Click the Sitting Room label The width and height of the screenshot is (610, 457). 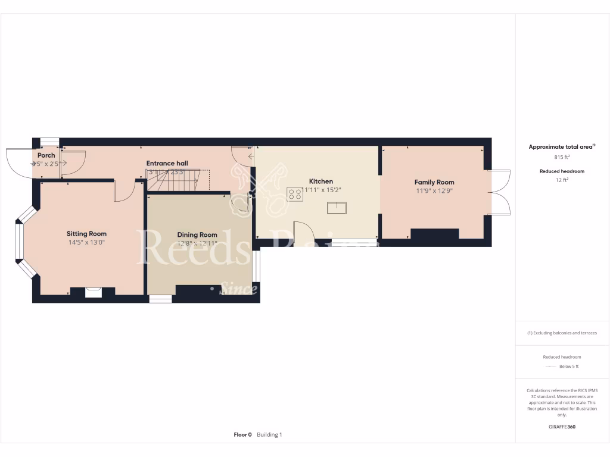(x=86, y=234)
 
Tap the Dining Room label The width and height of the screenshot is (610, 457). (x=197, y=235)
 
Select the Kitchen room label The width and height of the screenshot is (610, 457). (x=320, y=181)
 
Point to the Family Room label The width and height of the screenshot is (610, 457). (x=434, y=182)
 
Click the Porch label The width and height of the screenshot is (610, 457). (x=46, y=155)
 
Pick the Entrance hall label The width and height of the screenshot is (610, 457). (x=167, y=163)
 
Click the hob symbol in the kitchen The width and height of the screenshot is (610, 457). (x=294, y=193)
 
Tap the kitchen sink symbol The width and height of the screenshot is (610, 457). (x=336, y=208)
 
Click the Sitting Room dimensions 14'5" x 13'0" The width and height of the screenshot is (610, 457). (x=86, y=243)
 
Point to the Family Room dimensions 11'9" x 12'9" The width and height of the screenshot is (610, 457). (x=434, y=191)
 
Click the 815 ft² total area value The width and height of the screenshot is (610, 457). (x=562, y=157)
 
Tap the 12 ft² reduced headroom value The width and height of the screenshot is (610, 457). (x=562, y=180)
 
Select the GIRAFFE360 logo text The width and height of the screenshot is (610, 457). (x=562, y=427)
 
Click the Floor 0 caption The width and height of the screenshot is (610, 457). (x=242, y=435)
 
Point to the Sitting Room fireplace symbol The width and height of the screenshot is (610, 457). (x=93, y=292)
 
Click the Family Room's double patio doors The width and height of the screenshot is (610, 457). (x=502, y=192)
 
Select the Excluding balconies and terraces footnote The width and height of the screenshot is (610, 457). (x=562, y=333)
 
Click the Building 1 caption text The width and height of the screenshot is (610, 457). (x=269, y=435)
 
